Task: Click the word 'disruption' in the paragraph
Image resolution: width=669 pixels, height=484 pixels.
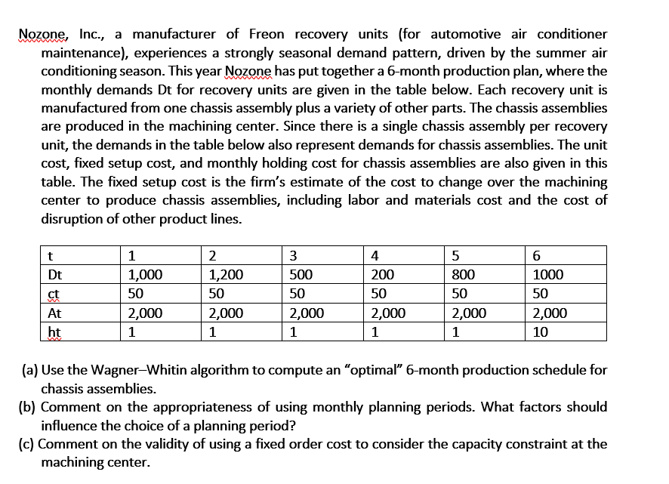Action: click(73, 219)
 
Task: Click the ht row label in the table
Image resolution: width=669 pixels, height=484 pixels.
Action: click(54, 331)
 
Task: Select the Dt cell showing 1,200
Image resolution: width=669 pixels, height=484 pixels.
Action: click(225, 275)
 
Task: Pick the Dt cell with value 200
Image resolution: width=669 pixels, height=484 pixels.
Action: click(381, 275)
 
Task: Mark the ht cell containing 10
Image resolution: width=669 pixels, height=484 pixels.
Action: click(540, 331)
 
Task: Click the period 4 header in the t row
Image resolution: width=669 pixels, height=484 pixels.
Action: click(375, 256)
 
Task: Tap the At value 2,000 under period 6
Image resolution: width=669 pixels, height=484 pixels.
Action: click(550, 313)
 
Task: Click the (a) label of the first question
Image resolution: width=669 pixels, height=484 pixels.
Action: click(28, 371)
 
